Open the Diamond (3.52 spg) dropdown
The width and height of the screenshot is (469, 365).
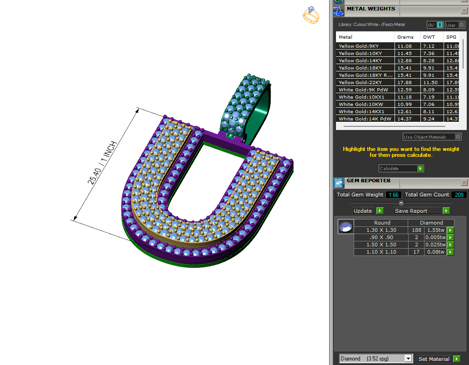coord(376,359)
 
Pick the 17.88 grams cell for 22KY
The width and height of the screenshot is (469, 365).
coord(405,82)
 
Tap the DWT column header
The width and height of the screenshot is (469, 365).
coord(429,37)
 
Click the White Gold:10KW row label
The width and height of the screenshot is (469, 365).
coord(360,104)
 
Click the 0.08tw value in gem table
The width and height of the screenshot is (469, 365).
coord(435,252)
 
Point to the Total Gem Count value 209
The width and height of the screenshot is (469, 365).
coord(459,195)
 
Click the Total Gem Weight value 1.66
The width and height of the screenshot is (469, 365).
coord(393,195)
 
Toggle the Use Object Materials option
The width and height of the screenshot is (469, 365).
coord(432,137)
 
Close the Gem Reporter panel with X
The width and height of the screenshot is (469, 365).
coord(464,182)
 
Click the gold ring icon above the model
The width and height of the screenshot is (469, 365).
coord(311,15)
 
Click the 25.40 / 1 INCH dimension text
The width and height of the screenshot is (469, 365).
coord(103,163)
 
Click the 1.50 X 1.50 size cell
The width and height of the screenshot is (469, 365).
coord(381,245)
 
